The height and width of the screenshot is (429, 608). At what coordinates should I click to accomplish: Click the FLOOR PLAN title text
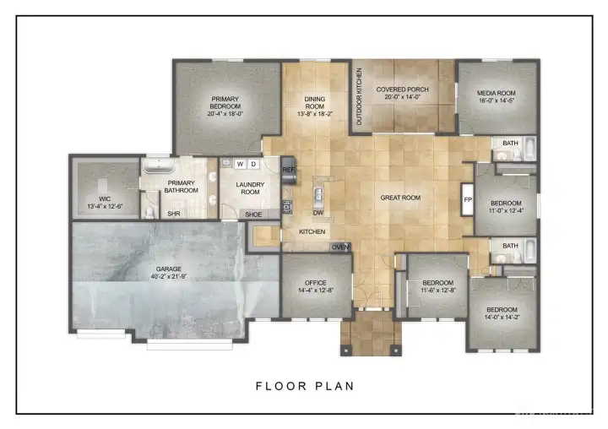click(x=305, y=386)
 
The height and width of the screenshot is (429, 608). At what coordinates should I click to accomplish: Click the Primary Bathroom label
click(x=182, y=187)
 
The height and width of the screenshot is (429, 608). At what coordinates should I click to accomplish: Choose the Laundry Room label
click(x=251, y=188)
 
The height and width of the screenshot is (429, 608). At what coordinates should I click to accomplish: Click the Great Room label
click(x=400, y=198)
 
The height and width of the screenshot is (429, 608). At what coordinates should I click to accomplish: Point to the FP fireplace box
click(x=467, y=200)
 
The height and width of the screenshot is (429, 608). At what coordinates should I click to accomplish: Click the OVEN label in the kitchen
click(x=340, y=247)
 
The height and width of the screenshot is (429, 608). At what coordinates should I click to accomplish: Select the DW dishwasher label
click(x=319, y=212)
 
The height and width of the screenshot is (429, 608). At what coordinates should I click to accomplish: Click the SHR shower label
click(x=173, y=214)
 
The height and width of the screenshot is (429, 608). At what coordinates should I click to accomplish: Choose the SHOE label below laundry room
click(x=253, y=214)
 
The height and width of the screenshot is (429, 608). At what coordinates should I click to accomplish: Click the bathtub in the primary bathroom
click(x=158, y=167)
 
